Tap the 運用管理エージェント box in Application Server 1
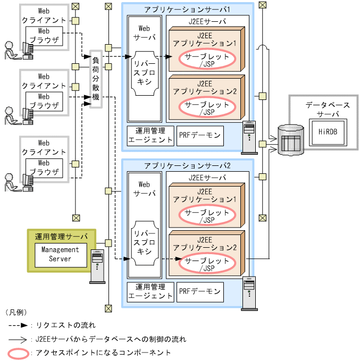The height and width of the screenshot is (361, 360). click(x=151, y=136)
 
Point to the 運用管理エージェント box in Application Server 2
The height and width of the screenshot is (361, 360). click(x=151, y=291)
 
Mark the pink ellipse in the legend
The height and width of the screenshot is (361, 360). click(x=19, y=352)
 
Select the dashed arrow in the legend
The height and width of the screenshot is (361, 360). click(x=19, y=324)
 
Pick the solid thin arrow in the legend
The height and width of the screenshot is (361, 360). click(x=19, y=338)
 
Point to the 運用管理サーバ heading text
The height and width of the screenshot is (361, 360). click(x=61, y=236)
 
